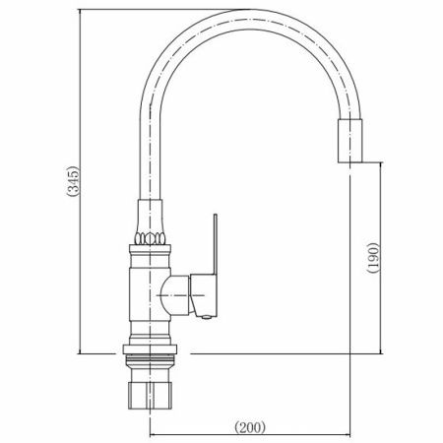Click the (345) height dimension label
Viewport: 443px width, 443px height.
click(73, 181)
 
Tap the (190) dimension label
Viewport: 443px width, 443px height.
click(373, 258)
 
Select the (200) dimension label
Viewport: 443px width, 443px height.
click(250, 427)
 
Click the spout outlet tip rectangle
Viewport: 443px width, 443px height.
click(349, 141)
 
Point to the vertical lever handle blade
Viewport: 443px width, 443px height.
click(215, 244)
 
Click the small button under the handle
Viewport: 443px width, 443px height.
click(206, 317)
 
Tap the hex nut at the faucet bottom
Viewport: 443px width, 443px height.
click(150, 395)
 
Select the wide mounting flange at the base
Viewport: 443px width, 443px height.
click(150, 349)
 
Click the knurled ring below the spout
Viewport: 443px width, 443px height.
click(150, 238)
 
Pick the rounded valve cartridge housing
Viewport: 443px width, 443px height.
click(174, 295)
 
